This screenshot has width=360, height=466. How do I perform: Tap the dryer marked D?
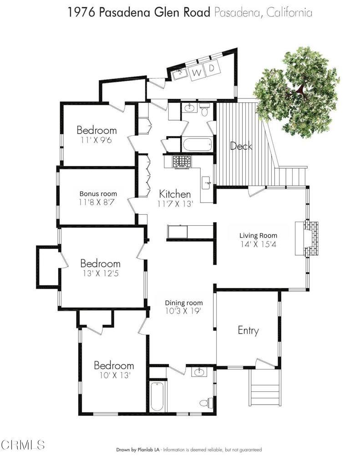(x=212, y=68)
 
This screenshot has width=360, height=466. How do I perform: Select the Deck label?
(x=241, y=146)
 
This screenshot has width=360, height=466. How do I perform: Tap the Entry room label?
(x=248, y=331)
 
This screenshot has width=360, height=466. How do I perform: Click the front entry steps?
(x=265, y=388)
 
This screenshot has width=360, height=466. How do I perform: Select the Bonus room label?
(x=98, y=194)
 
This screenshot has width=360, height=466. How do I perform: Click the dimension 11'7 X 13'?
(x=175, y=204)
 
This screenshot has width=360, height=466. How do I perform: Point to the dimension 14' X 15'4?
(x=259, y=244)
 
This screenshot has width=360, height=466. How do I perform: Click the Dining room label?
(x=184, y=303)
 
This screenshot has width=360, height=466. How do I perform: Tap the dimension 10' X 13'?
(x=115, y=375)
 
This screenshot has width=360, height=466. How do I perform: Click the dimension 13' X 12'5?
(x=101, y=273)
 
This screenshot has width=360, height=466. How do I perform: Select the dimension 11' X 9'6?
(x=96, y=140)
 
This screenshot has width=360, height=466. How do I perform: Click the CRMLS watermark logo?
(x=23, y=445)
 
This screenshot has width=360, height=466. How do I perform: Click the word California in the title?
(x=289, y=13)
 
